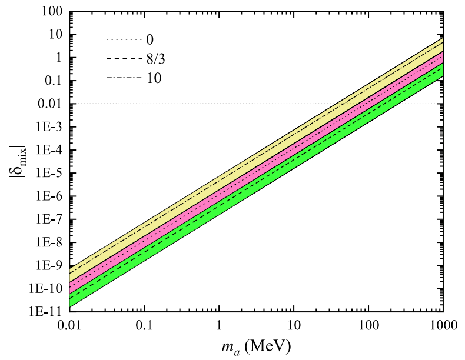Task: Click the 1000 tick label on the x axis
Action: point(443,325)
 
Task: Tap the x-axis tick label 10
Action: point(294,325)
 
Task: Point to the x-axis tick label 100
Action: point(368,325)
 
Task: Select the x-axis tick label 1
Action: point(219,325)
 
